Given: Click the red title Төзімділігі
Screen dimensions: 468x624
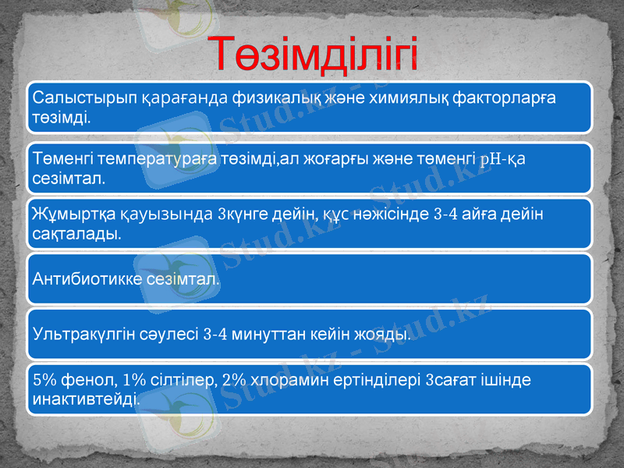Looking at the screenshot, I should click(315, 54).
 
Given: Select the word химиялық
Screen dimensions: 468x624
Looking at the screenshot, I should click(413, 98).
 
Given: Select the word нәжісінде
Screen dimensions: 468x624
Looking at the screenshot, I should click(389, 214).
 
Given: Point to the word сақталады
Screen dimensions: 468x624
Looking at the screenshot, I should click(76, 232).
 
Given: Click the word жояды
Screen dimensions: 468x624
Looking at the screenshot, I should click(385, 335).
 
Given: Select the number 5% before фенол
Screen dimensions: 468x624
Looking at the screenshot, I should click(44, 381).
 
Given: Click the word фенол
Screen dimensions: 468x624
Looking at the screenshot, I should click(91, 381).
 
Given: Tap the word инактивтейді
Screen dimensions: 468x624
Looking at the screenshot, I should click(87, 399).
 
